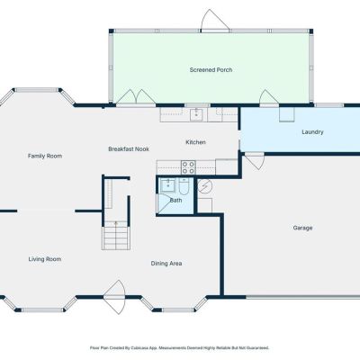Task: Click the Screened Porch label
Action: pyautogui.click(x=211, y=70)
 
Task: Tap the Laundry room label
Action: pyautogui.click(x=312, y=132)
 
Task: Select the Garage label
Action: pyautogui.click(x=302, y=228)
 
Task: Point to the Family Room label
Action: pyautogui.click(x=45, y=156)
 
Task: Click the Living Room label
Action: pyautogui.click(x=45, y=259)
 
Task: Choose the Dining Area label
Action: pyautogui.click(x=166, y=264)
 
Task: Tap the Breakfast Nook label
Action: pyautogui.click(x=129, y=149)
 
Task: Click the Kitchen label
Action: pyautogui.click(x=195, y=142)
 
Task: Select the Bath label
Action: pyautogui.click(x=175, y=201)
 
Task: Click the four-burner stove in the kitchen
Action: pyautogui.click(x=188, y=167)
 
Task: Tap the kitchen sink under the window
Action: pyautogui.click(x=196, y=114)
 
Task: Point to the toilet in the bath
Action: pyautogui.click(x=184, y=186)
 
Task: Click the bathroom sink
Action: pyautogui.click(x=167, y=185)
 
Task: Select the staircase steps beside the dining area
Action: pyautogui.click(x=116, y=238)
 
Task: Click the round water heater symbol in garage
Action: pyautogui.click(x=205, y=186)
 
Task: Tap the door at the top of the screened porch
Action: pyautogui.click(x=215, y=21)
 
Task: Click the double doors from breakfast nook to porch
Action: pyautogui.click(x=136, y=97)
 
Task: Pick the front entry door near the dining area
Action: pyautogui.click(x=114, y=297)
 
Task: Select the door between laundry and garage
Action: pyautogui.click(x=255, y=161)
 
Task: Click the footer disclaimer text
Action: pyautogui.click(x=179, y=348)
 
